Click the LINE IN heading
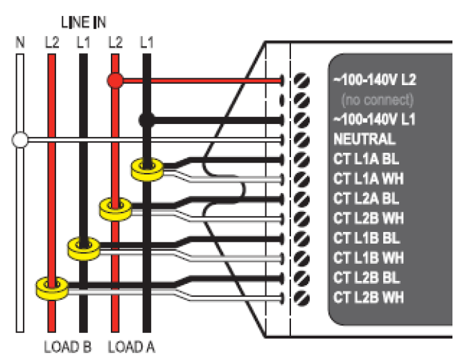83,23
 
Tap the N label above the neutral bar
20,42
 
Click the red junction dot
115,80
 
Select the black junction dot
146,120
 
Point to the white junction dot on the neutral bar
20,141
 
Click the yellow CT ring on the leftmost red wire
51,285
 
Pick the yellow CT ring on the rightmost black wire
146,166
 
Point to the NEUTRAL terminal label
364,139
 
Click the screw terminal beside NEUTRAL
302,140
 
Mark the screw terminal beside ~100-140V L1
302,120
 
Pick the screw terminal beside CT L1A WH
302,179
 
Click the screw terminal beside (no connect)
302,100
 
